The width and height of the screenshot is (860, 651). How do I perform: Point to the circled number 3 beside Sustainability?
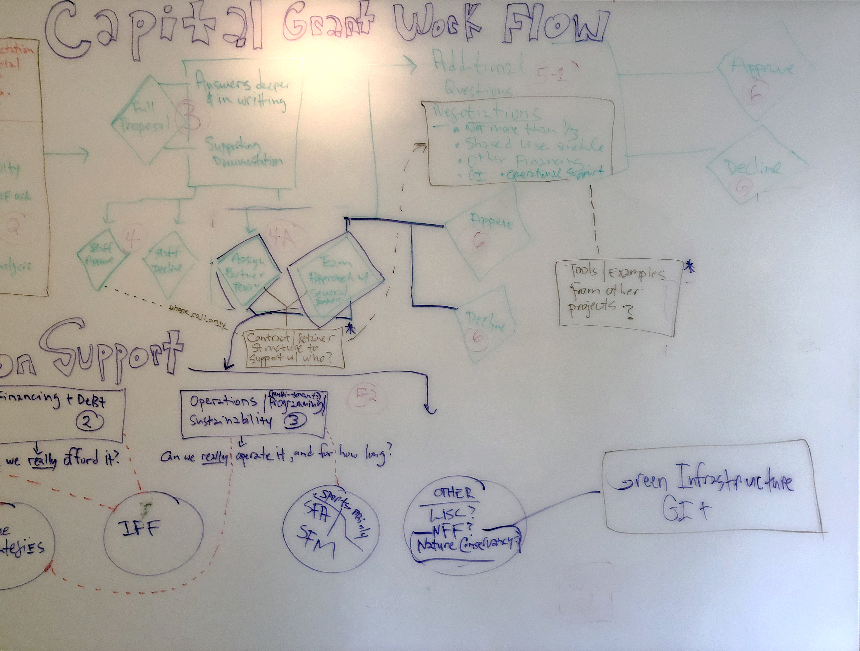point(294,421)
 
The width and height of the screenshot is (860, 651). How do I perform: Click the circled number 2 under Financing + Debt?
point(89,421)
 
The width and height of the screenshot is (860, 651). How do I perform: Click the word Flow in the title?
point(554,25)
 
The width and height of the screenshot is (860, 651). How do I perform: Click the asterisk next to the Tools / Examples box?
point(690,268)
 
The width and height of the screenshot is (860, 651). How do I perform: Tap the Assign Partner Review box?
point(247,271)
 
